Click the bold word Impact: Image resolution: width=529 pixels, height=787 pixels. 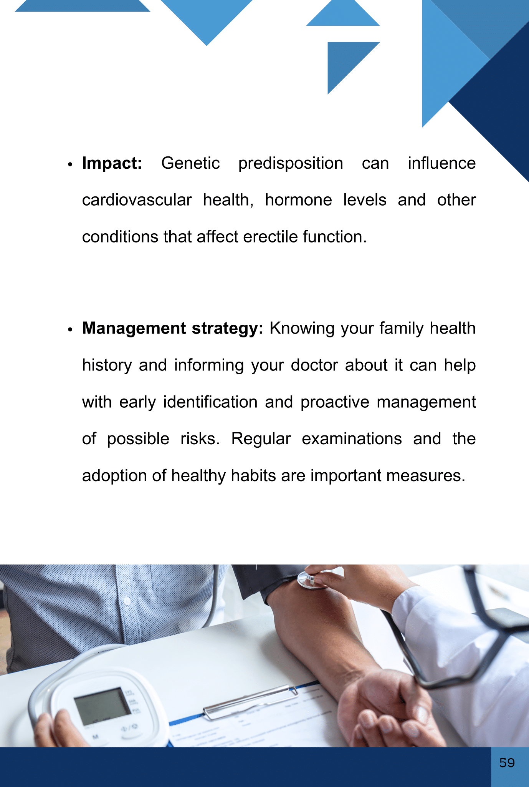tap(112, 164)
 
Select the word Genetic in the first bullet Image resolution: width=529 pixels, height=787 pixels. tap(190, 163)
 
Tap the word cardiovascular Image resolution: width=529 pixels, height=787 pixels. tap(137, 200)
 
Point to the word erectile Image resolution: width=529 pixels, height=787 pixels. tap(270, 237)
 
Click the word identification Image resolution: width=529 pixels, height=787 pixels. tap(210, 402)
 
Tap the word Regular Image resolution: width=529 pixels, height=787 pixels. tap(261, 439)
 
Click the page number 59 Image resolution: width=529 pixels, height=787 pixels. tap(507, 763)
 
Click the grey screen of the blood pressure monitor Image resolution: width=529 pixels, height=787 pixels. tap(102, 707)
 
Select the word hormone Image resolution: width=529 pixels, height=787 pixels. tap(298, 200)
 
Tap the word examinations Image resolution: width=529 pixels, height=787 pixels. tap(352, 439)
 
